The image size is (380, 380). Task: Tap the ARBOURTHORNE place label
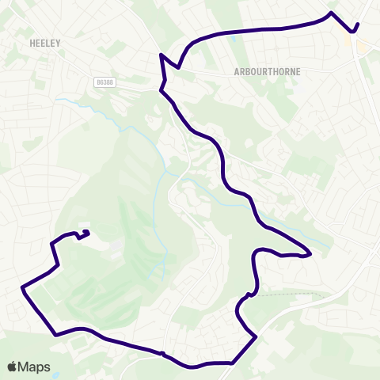265,70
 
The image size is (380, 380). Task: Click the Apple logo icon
13,367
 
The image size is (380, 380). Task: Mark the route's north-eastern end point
358,25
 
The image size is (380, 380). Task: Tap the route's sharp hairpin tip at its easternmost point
311,254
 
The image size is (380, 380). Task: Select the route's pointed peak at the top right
331,13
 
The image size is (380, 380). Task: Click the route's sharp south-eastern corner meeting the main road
256,337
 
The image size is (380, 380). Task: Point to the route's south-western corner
55,335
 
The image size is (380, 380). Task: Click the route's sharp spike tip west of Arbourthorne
161,54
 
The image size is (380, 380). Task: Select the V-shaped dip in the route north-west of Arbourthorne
180,68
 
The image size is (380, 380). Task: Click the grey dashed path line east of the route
293,293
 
